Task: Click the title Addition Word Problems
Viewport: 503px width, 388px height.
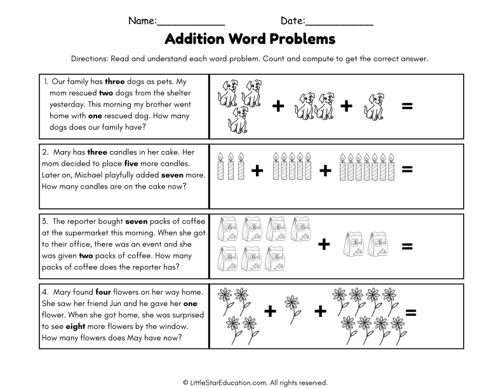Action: tap(250, 39)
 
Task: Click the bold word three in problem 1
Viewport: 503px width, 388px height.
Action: tap(114, 82)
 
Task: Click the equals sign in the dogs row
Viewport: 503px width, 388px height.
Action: tap(407, 106)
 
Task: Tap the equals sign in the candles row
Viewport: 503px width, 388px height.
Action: tap(407, 169)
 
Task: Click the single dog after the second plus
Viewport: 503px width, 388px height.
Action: tap(373, 105)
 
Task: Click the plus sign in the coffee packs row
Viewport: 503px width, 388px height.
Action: tap(324, 244)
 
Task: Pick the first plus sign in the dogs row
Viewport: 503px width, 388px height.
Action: tap(278, 106)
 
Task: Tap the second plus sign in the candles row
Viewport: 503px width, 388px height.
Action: tap(325, 170)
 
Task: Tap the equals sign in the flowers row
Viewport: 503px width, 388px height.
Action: tap(410, 312)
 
